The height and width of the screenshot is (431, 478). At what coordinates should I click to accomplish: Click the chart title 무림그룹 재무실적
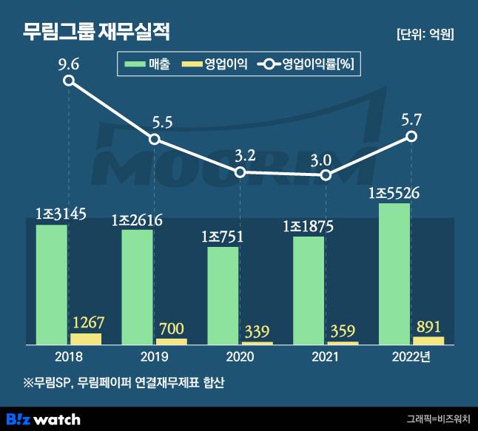click(97, 32)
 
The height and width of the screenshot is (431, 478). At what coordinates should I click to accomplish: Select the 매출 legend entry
click(148, 64)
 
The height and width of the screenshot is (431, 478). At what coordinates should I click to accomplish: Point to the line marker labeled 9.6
click(69, 81)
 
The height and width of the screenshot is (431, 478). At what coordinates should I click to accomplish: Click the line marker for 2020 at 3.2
click(240, 172)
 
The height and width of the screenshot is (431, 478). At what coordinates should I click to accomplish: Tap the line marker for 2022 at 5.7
click(412, 137)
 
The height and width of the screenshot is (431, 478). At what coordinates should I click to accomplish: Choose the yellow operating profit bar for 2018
click(86, 339)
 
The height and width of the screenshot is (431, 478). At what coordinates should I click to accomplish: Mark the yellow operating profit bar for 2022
click(428, 341)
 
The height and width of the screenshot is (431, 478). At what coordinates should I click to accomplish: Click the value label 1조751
click(223, 237)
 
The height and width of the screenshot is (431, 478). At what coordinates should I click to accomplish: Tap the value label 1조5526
click(394, 194)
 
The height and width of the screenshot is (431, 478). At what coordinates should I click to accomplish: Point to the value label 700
click(171, 329)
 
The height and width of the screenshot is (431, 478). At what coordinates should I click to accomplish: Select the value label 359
click(343, 332)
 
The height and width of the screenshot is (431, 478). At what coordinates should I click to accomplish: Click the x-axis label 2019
click(154, 356)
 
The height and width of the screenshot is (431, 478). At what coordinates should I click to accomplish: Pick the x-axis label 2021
click(326, 356)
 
